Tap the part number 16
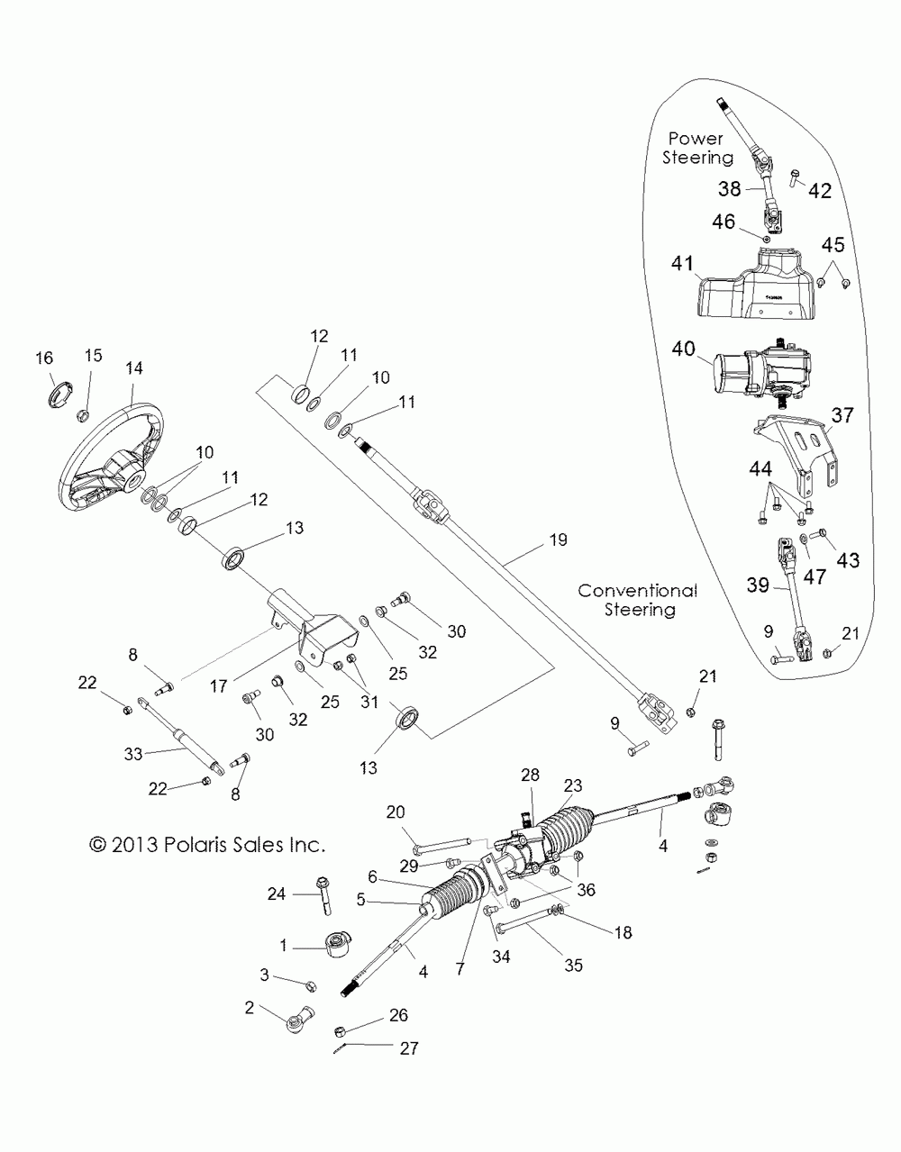44,358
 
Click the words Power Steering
697,148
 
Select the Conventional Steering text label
637,600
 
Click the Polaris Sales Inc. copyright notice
207,845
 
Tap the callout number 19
558,540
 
